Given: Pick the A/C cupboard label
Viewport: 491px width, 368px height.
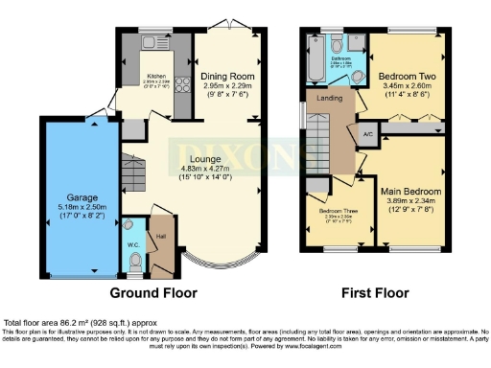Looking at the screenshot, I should coord(368,134).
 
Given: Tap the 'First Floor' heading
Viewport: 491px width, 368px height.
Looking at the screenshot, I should coord(376,292).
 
